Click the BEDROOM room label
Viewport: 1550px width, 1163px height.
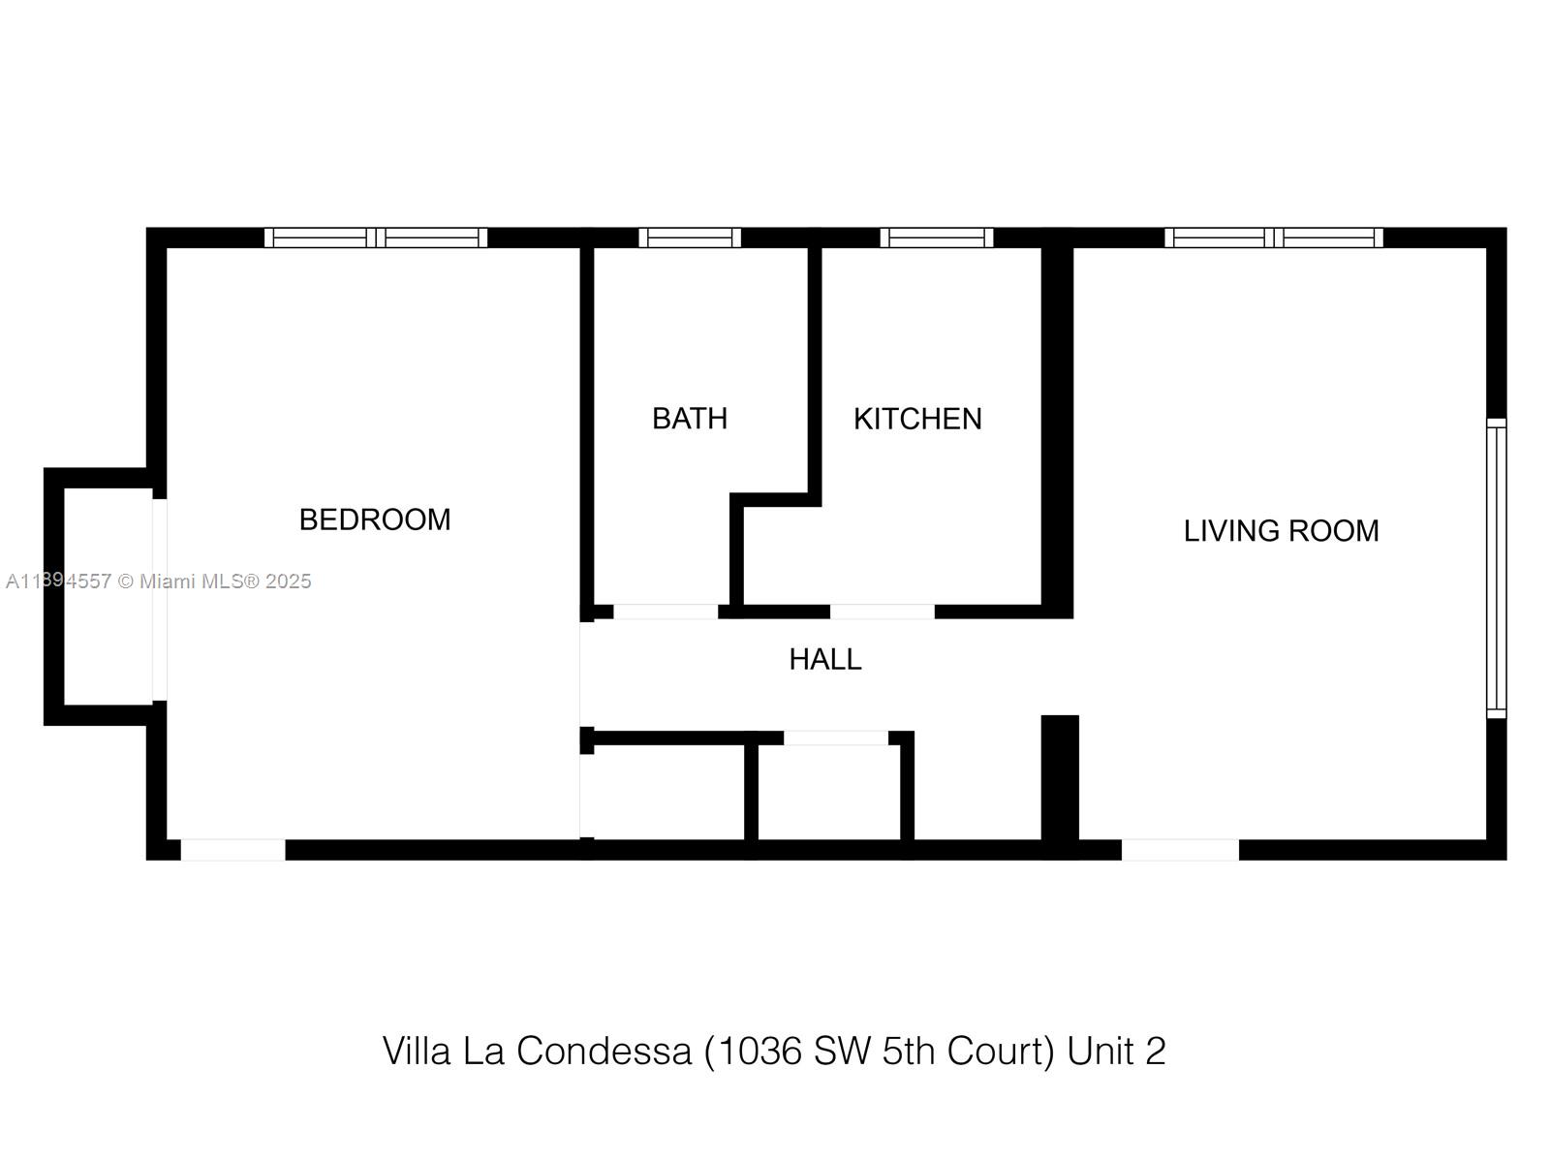point(374,519)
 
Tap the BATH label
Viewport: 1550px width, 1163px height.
point(689,419)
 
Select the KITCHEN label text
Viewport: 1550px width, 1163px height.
point(917,420)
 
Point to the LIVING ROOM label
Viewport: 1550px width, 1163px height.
point(1281,531)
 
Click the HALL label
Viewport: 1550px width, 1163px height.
point(824,660)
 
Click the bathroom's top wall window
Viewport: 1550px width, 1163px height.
point(689,238)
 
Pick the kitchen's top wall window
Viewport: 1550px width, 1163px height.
point(937,238)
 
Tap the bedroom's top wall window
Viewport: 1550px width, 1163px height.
point(376,238)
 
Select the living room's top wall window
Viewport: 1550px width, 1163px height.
point(1273,238)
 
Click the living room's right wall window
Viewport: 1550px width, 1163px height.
point(1497,569)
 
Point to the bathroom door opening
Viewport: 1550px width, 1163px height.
point(666,613)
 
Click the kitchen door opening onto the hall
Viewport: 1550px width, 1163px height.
point(882,613)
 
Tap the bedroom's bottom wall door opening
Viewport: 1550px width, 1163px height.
point(233,850)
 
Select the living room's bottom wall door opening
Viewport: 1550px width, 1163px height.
point(1180,850)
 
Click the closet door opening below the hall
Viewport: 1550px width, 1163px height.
point(836,738)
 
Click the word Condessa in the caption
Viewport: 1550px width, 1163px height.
point(604,1051)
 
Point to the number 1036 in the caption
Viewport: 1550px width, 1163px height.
point(759,1051)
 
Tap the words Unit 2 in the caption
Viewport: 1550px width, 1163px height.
point(1116,1051)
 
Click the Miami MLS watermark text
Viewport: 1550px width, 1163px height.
point(158,581)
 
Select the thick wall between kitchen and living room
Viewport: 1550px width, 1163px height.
point(1058,433)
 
